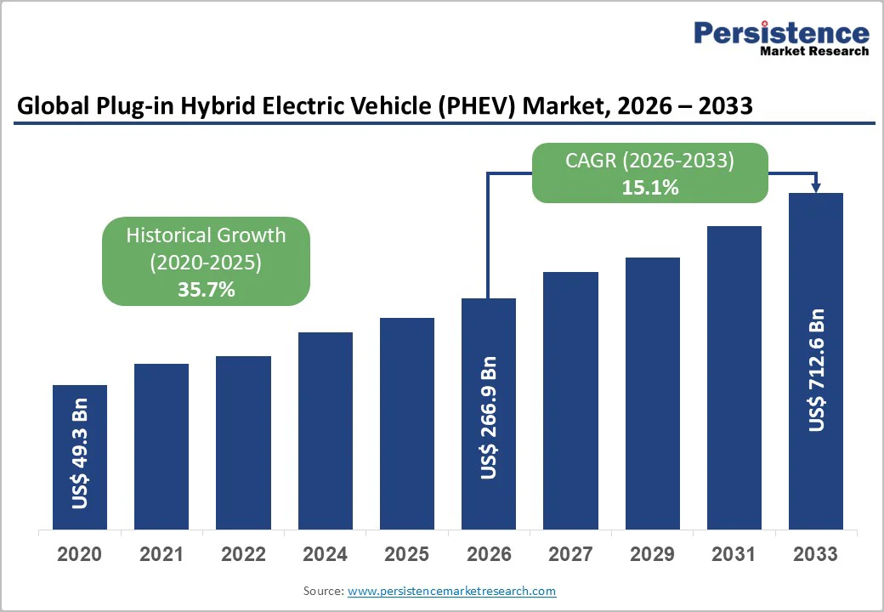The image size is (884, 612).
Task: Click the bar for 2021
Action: tap(161, 446)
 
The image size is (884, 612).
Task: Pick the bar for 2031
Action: tap(734, 377)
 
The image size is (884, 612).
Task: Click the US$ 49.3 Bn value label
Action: tap(80, 453)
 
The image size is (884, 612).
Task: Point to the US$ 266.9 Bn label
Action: tap(489, 416)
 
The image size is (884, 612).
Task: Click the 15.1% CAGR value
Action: tap(649, 187)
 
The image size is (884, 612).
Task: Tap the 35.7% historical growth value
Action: tap(206, 289)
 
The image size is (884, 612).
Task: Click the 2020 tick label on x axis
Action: tap(80, 554)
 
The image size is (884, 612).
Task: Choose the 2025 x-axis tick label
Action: tap(406, 554)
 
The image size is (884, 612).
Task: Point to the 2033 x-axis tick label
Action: tap(815, 554)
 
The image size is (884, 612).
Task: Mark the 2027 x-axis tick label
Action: tap(570, 554)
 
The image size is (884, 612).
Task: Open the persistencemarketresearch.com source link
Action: tap(451, 591)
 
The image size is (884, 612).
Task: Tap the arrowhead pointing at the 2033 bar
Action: tap(816, 187)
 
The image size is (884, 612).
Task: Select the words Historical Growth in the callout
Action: tap(206, 235)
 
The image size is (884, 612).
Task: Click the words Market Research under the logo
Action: tap(813, 51)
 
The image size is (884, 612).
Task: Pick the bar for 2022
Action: tap(243, 442)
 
